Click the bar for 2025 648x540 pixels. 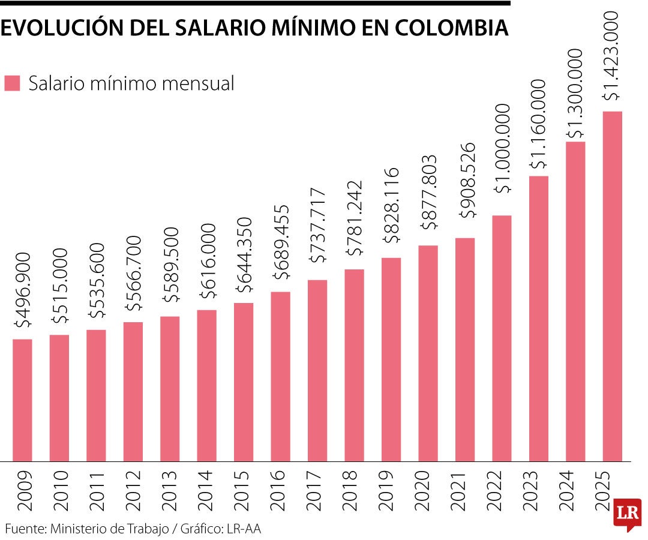click(612, 286)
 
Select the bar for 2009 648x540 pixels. click(22, 400)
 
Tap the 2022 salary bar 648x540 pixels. click(502, 338)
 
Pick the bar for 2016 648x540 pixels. click(280, 376)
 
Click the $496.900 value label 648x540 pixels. click(23, 290)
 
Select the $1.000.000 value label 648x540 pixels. click(502, 148)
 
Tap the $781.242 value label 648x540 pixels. click(355, 223)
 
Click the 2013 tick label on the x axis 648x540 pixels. click(170, 491)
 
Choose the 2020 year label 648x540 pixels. click(428, 491)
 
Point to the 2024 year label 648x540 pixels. click(575, 491)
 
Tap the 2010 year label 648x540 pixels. click(59, 491)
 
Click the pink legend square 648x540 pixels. click(12, 83)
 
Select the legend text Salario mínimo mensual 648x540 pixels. click(131, 83)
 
